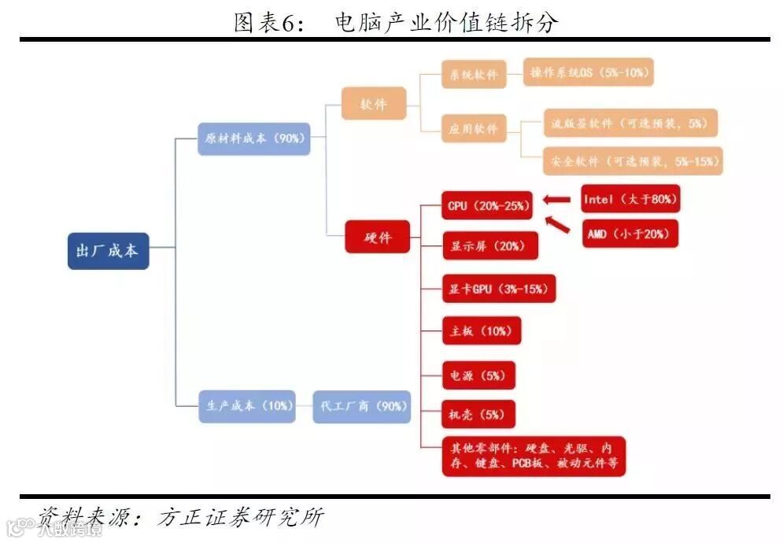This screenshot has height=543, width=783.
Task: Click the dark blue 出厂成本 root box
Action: pyautogui.click(x=108, y=251)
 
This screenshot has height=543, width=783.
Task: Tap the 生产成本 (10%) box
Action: pyautogui.click(x=247, y=406)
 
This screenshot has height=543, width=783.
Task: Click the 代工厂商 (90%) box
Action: pyautogui.click(x=362, y=406)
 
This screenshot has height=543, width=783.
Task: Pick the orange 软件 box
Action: pyautogui.click(x=374, y=103)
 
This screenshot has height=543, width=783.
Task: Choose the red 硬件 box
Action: pyautogui.click(x=377, y=237)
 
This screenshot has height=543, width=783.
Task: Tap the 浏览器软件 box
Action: pyautogui.click(x=630, y=124)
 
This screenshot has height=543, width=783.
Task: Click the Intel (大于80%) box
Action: pyautogui.click(x=630, y=199)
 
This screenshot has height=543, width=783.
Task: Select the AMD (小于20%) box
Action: pyautogui.click(x=630, y=234)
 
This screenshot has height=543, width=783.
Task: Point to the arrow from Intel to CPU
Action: pyautogui.click(x=558, y=200)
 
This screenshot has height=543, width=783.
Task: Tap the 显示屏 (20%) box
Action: pyautogui.click(x=489, y=246)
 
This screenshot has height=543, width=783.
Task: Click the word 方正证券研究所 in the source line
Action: pyautogui.click(x=240, y=517)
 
